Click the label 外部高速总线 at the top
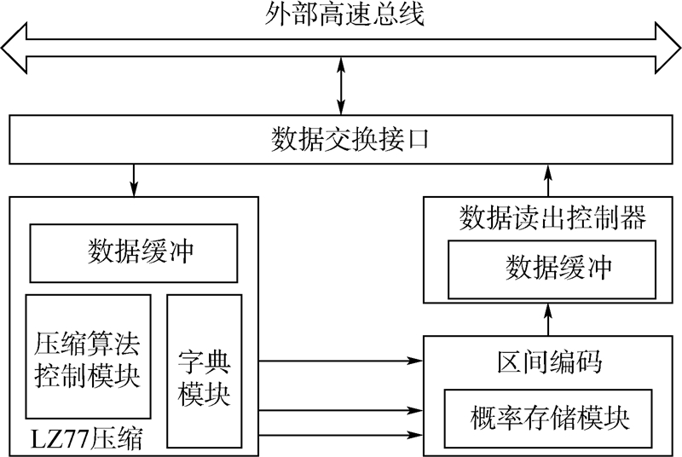click(x=341, y=14)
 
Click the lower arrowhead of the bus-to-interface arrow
click(x=341, y=107)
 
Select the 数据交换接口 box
click(x=341, y=139)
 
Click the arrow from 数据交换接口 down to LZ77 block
click(x=133, y=179)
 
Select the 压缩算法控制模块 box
click(x=88, y=361)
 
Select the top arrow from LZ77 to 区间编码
click(x=341, y=361)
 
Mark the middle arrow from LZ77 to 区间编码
click(x=341, y=412)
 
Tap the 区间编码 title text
click(x=549, y=362)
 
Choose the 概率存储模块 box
click(x=549, y=418)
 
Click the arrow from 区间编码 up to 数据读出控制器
click(x=548, y=320)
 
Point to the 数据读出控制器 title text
click(x=552, y=217)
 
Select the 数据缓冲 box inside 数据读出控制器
click(x=552, y=269)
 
